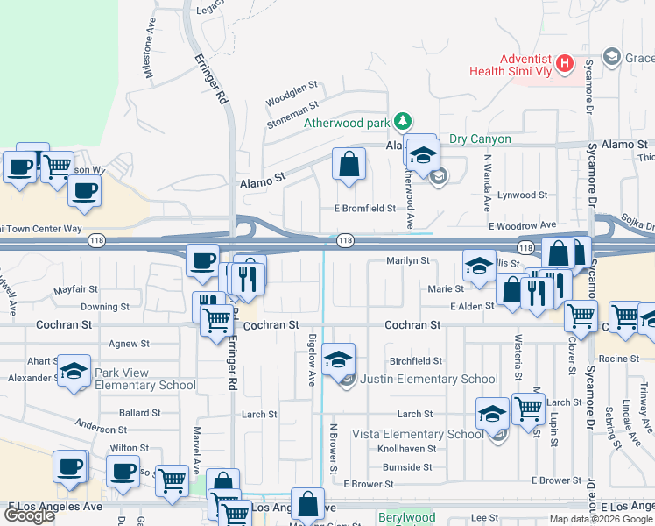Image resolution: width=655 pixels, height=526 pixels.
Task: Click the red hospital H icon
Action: point(566,64)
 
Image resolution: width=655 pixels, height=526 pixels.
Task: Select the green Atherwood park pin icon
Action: point(402,121)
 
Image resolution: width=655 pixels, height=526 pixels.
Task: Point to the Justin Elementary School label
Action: point(429,380)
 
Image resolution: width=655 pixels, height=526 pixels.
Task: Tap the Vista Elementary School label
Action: point(418,434)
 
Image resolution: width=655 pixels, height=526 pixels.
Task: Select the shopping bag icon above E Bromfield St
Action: point(349,164)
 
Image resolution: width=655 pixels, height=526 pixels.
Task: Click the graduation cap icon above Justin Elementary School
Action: point(338,359)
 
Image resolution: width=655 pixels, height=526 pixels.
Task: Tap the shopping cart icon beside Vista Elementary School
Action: point(527,408)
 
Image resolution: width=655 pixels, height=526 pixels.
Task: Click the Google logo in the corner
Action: point(29,515)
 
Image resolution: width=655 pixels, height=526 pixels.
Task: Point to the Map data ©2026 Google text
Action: point(600,519)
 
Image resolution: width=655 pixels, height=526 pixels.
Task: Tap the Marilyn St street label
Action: point(408,260)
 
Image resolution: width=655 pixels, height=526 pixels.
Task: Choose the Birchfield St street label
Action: point(416,361)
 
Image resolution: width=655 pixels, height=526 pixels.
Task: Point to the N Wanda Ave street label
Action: point(487,184)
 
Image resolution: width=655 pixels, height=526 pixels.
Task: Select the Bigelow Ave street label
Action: point(311,359)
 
